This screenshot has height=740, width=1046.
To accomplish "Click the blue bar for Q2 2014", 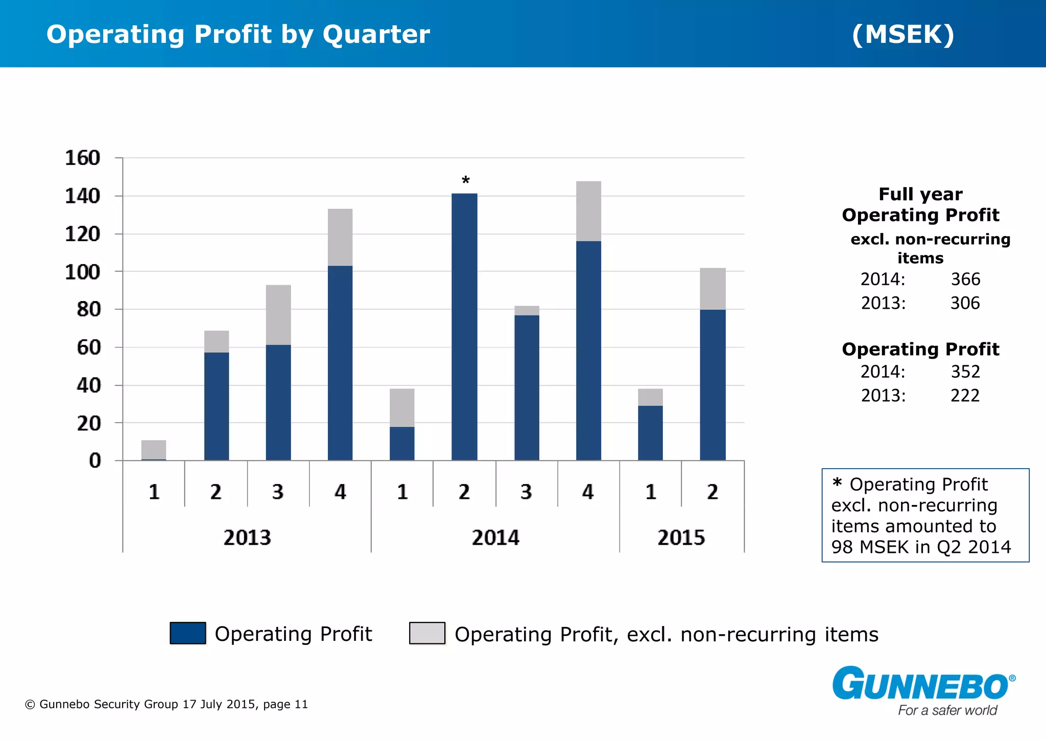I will coord(464,327).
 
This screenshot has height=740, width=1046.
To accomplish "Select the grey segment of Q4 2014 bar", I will coord(588,211).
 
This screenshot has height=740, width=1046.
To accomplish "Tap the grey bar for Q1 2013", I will coord(154,449).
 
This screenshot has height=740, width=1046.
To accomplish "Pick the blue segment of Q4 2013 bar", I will coord(340,363).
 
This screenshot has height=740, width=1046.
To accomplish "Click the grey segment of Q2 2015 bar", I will coord(712,289).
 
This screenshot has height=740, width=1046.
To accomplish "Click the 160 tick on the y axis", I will coord(83,158).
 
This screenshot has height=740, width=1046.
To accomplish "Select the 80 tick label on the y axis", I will coord(89,310).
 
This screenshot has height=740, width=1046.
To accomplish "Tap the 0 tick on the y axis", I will coord(95,461).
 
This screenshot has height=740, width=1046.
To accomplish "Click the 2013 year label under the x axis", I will coord(247,538).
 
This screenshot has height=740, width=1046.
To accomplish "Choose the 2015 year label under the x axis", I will coord(681,538).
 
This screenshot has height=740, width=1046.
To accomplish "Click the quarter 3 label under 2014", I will coord(526,492).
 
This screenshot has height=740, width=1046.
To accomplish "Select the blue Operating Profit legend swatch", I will coord(188,633).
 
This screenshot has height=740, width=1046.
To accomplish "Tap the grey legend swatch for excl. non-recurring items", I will coord(427,633).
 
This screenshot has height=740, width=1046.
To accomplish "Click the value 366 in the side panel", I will coord(965,280).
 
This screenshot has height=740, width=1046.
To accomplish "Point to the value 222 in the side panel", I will coord(965,396).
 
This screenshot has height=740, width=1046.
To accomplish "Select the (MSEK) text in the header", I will coord(903,35).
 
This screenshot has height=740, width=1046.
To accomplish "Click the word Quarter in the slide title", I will coord(376,35).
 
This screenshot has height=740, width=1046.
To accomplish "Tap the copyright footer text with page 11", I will coord(167,704).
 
